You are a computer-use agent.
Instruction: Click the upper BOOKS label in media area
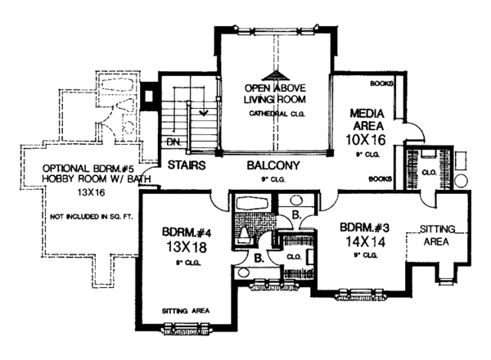382,83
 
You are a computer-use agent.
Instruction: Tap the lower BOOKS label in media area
381,178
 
